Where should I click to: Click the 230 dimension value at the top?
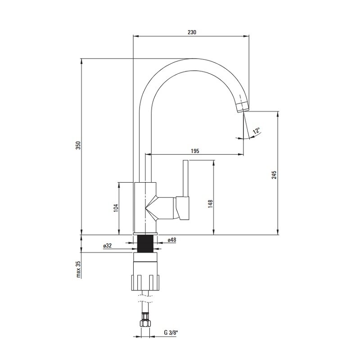point(192,32)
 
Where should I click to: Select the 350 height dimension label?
point(78,145)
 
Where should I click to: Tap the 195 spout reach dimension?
point(195,151)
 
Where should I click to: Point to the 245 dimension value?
point(274,175)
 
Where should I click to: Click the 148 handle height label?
point(210,204)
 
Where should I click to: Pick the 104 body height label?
point(116,208)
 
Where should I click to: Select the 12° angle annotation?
point(256,130)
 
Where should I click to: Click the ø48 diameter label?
point(172,240)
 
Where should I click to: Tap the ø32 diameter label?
point(108,246)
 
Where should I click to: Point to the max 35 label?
point(79,269)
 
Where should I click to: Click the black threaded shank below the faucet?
point(145,243)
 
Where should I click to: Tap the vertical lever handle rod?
point(185,178)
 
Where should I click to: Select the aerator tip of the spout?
point(243,107)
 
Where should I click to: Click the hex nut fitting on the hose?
point(145,320)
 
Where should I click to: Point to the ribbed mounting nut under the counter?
point(145,283)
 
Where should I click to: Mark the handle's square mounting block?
point(183,208)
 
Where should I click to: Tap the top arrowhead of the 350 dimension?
point(81,62)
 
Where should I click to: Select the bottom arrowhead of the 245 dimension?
point(278,232)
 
